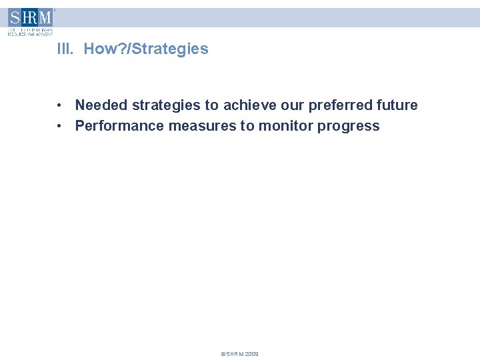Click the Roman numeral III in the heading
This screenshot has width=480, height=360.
coord(65,49)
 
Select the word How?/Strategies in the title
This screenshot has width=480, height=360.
coord(146,49)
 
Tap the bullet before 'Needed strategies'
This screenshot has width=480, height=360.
coord(60,105)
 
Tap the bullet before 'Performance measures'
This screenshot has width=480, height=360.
coord(60,126)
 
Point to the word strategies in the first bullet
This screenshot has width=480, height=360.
coord(164,105)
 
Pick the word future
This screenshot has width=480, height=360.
coord(397,105)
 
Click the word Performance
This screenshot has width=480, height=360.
coord(119,126)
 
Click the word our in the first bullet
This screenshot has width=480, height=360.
coord(290,105)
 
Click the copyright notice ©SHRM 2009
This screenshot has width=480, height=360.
coord(240,354)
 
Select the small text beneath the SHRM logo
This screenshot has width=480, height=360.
coord(30,31)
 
